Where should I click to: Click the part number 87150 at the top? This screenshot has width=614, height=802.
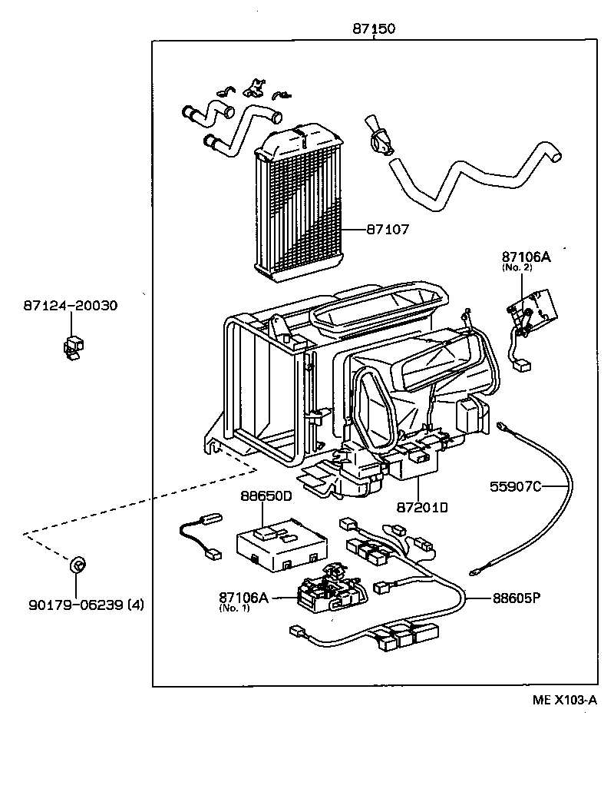click(374, 28)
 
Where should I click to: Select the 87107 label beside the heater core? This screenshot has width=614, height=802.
click(387, 229)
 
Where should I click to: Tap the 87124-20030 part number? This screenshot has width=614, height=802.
click(70, 306)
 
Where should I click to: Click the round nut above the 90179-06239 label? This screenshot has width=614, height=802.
click(76, 566)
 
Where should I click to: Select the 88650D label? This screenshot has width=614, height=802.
click(267, 496)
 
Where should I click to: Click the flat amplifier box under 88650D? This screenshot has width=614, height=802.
click(281, 542)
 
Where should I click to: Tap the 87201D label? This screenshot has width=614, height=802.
click(422, 507)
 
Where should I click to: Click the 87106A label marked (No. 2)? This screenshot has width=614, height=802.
click(527, 257)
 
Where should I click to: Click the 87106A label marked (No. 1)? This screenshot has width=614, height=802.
click(243, 597)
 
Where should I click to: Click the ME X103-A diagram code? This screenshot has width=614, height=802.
click(565, 700)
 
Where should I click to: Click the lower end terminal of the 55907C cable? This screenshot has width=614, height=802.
click(480, 569)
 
